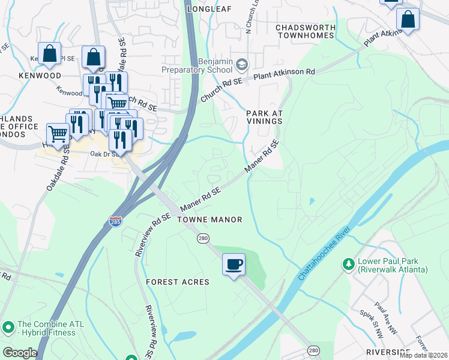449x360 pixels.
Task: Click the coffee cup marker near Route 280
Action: coord(234,264)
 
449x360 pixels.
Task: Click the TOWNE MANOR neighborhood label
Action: coord(209,220)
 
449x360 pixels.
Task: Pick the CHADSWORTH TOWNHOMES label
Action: coord(304,31)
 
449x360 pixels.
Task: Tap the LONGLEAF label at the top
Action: coord(209,9)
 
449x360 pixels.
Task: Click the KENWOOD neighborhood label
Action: coord(40,76)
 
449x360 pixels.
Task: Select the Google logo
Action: coord(19,353)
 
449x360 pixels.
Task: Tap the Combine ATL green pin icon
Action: coord(8,328)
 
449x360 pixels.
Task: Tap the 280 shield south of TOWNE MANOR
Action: coord(203,239)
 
